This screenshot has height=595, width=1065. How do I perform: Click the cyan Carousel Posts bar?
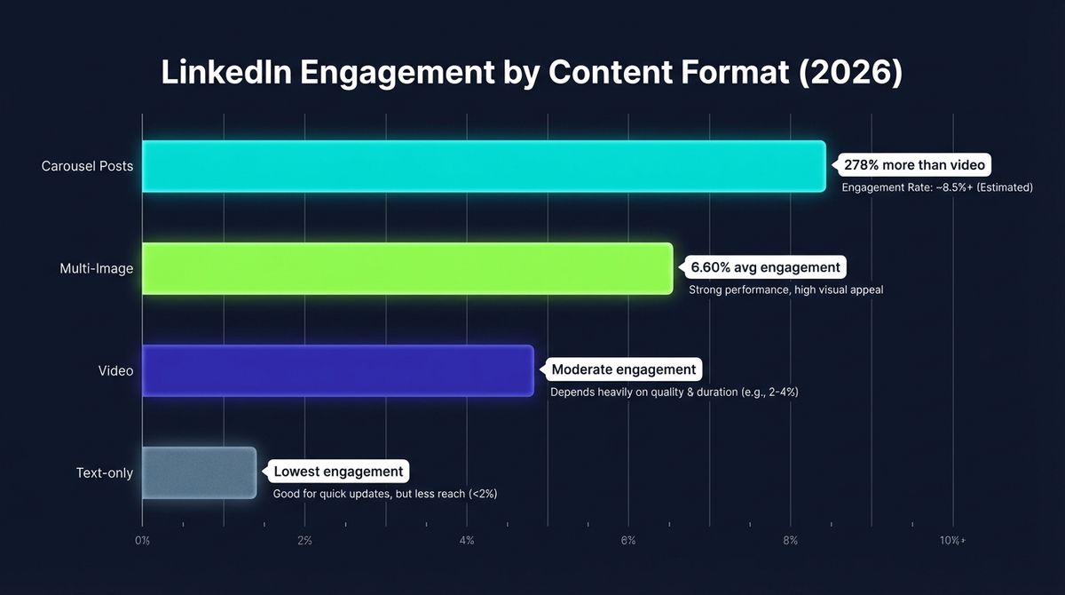coord(484,166)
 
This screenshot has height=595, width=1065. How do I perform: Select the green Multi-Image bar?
coord(407,268)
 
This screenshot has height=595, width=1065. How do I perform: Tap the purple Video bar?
coord(337,370)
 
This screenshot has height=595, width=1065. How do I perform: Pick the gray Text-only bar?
coord(199,472)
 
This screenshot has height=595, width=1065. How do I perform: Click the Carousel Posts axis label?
coord(87,166)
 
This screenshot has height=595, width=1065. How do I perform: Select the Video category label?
coord(115,370)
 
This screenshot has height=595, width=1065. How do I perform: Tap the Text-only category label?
coord(105,472)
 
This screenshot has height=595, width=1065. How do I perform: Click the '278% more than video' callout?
coord(914,165)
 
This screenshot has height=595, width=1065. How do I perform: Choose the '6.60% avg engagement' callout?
coord(764,267)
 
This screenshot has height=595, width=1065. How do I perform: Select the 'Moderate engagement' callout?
coord(624,369)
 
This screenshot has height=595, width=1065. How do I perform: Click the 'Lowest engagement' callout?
coord(338,472)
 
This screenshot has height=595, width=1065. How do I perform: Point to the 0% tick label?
coord(142,540)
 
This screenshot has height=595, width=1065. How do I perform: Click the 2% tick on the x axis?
coord(304,540)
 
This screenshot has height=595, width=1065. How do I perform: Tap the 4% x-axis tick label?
coord(467,540)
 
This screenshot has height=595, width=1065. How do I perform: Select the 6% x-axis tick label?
coord(628,540)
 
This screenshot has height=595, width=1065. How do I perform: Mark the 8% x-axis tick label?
coord(791,540)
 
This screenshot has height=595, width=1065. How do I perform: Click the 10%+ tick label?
coord(955,540)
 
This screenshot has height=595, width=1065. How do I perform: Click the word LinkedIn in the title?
coord(226,74)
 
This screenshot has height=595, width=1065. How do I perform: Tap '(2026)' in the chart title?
coord(851,74)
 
